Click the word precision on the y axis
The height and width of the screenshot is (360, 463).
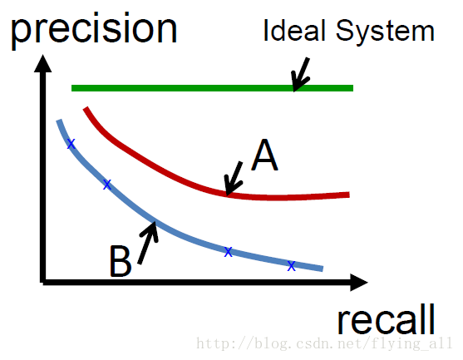(94, 30)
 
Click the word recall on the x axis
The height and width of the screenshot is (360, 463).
(387, 319)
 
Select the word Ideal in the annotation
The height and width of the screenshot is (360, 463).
(293, 30)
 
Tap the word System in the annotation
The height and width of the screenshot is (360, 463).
(385, 32)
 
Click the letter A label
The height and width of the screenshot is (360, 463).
(264, 155)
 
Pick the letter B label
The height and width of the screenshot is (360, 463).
(121, 261)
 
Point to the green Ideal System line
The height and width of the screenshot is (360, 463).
(212, 88)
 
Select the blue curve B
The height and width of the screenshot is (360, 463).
(154, 220)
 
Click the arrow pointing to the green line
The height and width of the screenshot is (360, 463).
(301, 75)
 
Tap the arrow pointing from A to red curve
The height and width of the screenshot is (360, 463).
(234, 179)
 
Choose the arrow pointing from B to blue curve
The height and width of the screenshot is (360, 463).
(148, 242)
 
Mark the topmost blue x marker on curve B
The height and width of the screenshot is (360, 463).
(71, 144)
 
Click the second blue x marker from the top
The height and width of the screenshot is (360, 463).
(107, 185)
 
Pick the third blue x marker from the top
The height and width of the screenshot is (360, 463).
(228, 252)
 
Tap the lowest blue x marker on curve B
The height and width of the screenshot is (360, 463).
(292, 266)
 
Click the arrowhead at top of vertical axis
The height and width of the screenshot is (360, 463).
(43, 62)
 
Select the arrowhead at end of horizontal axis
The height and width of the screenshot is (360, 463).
(359, 283)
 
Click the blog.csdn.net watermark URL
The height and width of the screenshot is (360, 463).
(324, 343)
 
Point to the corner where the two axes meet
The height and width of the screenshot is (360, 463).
(43, 283)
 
